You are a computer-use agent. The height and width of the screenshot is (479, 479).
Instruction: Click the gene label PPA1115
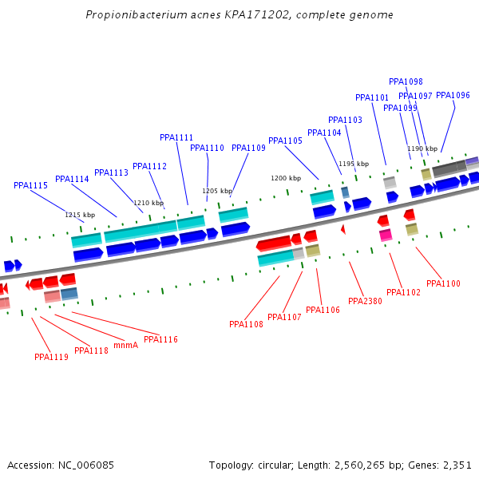31,185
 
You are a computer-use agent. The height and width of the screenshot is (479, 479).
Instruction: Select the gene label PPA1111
176,137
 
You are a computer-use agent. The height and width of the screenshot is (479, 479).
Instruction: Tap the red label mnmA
125,345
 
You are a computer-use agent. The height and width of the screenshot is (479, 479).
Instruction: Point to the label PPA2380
365,301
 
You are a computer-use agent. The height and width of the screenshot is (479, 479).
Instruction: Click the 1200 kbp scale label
286,178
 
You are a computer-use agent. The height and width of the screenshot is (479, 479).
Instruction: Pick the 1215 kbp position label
80,215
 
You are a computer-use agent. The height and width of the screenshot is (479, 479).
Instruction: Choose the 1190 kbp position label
422,148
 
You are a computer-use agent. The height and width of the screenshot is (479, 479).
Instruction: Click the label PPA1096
453,96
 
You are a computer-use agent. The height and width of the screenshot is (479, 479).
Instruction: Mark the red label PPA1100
443,283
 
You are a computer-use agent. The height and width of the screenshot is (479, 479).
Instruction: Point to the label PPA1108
246,324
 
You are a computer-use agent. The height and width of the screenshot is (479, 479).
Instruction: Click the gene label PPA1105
285,141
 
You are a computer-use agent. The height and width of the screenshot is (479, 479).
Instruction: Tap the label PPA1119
51,357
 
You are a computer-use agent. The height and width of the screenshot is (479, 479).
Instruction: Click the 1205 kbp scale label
217,191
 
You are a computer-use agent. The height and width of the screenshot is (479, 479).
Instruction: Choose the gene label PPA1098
406,81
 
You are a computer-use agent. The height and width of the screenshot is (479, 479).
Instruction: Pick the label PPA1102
403,292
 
